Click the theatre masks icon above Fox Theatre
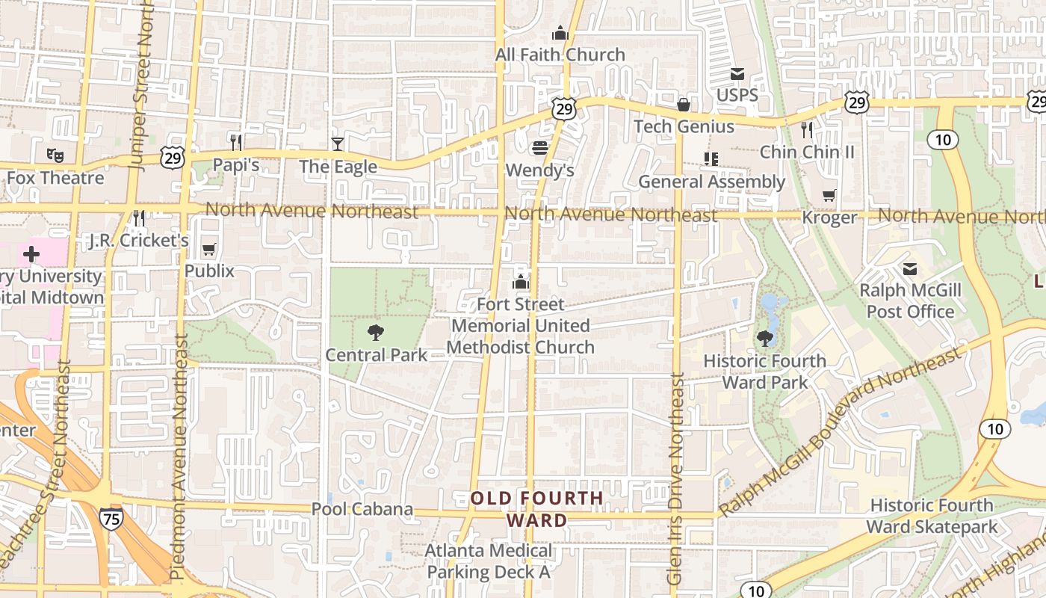click(55, 155)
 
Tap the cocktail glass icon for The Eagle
click(338, 144)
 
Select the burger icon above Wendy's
click(539, 147)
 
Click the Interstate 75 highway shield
click(111, 518)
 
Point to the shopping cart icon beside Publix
click(209, 249)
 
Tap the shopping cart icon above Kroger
click(829, 196)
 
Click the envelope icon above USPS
click(737, 73)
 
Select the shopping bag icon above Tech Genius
click(683, 104)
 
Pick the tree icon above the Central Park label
click(376, 332)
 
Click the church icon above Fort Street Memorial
click(521, 282)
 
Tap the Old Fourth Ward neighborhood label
click(536, 509)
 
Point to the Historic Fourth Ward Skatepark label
click(932, 517)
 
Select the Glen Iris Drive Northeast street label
click(675, 478)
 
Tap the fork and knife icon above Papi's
click(236, 142)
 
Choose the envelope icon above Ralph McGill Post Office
click(910, 268)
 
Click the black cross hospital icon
click(31, 254)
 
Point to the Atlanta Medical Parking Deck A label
click(489, 561)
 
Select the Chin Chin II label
click(807, 152)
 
